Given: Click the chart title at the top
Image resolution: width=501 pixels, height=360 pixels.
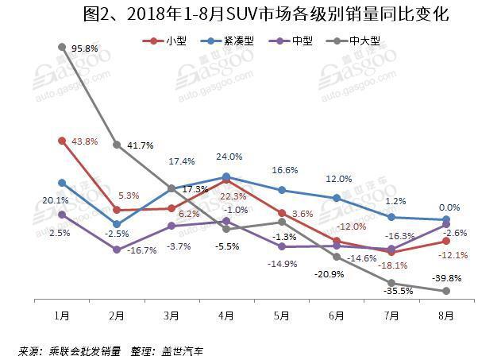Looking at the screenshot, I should [x=250, y=14].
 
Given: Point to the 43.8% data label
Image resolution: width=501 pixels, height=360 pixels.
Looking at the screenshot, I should [x=84, y=141].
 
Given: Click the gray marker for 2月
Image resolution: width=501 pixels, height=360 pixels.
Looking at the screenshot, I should [x=117, y=145].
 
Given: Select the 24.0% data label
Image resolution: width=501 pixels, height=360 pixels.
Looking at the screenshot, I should [x=228, y=157].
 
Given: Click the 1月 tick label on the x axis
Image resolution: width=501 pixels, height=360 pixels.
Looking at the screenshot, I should [x=62, y=316].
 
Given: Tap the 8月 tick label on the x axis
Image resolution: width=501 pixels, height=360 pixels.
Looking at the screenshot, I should [x=446, y=316].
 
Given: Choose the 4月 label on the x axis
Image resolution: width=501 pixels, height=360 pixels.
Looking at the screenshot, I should [x=226, y=316].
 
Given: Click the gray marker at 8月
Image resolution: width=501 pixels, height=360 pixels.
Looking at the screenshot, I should [x=446, y=291].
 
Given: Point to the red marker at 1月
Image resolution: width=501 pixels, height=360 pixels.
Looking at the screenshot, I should [x=62, y=141].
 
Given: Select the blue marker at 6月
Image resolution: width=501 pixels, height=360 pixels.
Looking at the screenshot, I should [x=337, y=198].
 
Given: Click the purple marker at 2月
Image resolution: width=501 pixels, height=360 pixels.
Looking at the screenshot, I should [x=117, y=250].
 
